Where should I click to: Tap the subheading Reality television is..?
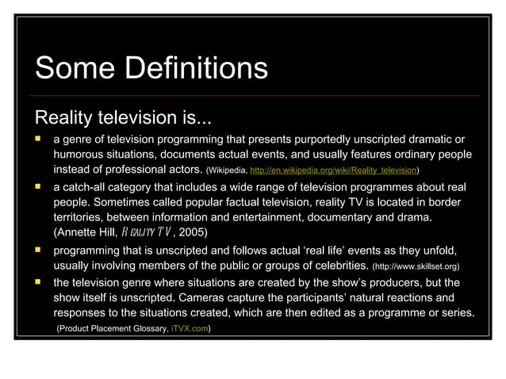click(122, 119)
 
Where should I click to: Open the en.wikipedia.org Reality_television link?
click(333, 170)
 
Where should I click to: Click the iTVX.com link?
click(189, 329)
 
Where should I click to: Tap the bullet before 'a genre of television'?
click(36, 140)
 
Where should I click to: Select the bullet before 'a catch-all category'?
click(36, 187)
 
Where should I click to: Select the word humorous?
click(82, 155)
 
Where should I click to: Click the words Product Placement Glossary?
click(111, 329)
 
